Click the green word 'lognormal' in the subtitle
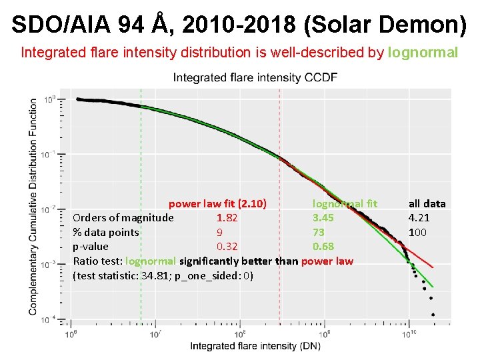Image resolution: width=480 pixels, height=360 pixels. [x=423, y=52]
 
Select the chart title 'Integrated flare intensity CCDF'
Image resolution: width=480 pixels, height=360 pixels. [x=255, y=77]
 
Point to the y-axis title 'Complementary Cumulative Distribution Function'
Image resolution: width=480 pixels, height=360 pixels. [x=33, y=207]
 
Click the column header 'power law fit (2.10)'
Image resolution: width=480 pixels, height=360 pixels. [x=217, y=203]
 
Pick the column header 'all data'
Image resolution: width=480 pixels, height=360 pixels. [x=427, y=203]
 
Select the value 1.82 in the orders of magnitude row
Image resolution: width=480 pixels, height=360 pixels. [x=227, y=217]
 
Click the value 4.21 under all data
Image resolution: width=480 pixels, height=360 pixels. [x=419, y=217]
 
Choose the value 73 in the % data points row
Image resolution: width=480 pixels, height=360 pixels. [x=319, y=232]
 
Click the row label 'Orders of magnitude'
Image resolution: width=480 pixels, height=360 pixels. [x=123, y=217]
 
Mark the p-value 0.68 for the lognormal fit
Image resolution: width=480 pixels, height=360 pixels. [x=323, y=247]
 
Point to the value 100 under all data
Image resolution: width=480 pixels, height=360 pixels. [x=417, y=232]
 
